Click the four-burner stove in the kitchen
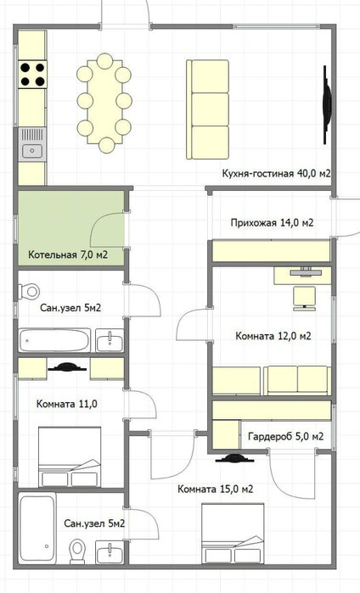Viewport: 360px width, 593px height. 32,74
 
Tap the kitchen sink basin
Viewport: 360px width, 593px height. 31,151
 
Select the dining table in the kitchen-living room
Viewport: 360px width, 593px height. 104,102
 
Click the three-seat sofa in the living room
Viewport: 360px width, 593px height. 207,109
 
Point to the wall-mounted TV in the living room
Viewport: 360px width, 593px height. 327,104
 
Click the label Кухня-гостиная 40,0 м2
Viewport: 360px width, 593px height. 277,174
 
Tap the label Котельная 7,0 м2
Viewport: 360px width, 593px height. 68,255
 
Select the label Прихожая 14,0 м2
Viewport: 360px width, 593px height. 273,223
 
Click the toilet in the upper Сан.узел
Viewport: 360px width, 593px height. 29,291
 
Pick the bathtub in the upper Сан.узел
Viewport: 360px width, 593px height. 55,340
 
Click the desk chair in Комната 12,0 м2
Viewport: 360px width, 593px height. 305,299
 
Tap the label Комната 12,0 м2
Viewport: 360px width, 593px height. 273,336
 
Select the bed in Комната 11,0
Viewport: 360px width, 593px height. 70,457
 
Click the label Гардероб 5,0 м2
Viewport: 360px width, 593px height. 286,436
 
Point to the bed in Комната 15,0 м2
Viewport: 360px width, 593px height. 233,534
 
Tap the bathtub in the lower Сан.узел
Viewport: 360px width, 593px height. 37,529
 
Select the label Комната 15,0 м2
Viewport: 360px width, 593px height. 216,489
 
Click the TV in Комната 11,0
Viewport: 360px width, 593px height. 67,366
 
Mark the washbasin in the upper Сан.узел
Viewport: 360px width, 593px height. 110,340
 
